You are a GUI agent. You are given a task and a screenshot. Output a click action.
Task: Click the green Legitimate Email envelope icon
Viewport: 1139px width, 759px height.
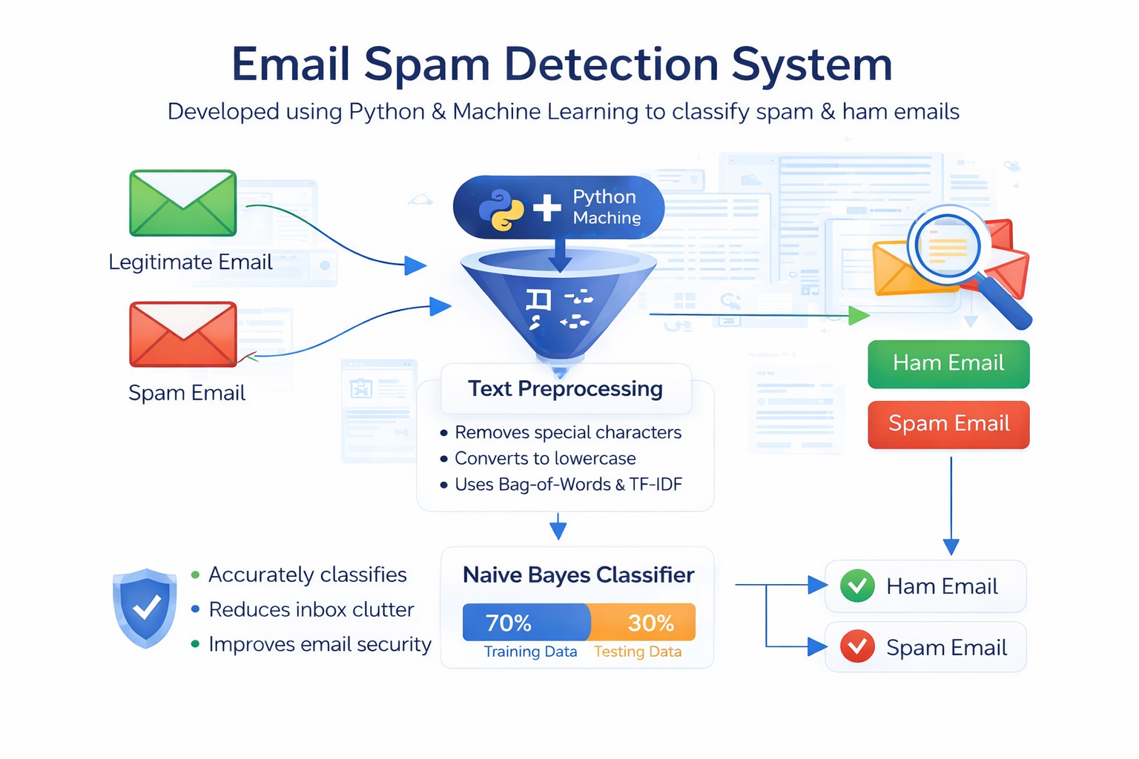182,203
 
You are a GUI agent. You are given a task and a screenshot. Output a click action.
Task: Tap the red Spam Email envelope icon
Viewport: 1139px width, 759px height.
182,334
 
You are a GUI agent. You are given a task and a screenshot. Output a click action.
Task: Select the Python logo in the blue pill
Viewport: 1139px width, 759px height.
501,210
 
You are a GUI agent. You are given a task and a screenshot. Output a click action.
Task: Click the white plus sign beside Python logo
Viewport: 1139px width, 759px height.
547,208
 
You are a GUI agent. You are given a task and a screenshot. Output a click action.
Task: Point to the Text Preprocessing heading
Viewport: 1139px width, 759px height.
565,388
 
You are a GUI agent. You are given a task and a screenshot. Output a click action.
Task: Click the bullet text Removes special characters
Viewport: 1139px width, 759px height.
567,432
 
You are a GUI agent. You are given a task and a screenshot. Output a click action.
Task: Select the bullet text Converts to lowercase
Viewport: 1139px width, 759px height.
545,458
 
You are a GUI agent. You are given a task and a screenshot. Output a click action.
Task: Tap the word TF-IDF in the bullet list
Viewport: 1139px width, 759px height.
656,485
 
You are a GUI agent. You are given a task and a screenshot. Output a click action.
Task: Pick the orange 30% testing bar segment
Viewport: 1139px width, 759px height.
644,623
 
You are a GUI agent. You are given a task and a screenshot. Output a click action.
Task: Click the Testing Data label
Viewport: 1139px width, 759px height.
637,652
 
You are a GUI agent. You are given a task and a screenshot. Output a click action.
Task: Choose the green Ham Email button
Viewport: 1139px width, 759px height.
948,363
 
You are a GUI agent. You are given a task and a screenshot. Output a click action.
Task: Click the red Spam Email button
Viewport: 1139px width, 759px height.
948,424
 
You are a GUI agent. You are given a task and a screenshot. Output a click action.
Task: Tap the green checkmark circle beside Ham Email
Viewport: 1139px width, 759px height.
857,586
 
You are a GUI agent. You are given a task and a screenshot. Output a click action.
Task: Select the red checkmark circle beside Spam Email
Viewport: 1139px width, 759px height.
857,647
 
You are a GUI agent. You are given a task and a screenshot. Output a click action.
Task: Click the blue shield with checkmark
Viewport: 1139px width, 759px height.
145,608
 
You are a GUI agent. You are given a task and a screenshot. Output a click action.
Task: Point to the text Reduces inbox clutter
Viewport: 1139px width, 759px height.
311,609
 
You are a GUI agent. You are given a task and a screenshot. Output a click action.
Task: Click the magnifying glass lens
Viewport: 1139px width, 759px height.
947,245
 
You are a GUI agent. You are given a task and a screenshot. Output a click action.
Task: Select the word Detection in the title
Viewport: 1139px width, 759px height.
612,64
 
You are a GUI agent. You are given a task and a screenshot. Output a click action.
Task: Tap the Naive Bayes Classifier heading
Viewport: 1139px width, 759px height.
578,575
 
